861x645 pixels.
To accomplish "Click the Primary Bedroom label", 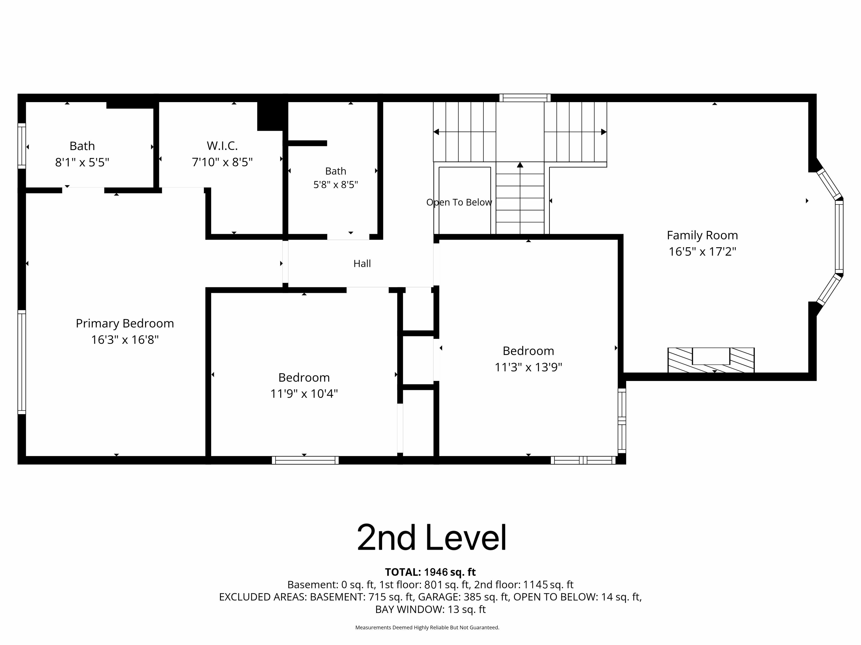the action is click(x=125, y=323).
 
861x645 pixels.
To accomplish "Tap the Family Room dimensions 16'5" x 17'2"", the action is click(x=702, y=252).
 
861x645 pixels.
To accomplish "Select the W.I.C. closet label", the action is click(x=222, y=146).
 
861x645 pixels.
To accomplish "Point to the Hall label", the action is click(x=362, y=264).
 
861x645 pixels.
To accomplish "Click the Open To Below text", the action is click(x=459, y=202).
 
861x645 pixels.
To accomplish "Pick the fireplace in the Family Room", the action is click(x=711, y=360).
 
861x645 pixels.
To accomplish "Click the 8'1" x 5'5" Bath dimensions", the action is click(x=82, y=162).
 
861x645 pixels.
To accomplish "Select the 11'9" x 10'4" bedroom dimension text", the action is click(x=304, y=394).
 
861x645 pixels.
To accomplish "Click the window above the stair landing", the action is click(x=525, y=98).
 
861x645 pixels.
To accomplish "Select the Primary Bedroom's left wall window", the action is click(x=22, y=362).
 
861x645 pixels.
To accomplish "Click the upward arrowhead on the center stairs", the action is click(x=520, y=165).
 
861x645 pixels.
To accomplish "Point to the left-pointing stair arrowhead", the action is click(x=436, y=132).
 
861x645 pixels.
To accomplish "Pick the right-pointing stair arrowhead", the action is click(x=604, y=132).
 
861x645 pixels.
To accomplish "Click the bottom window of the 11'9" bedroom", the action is click(x=305, y=460).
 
